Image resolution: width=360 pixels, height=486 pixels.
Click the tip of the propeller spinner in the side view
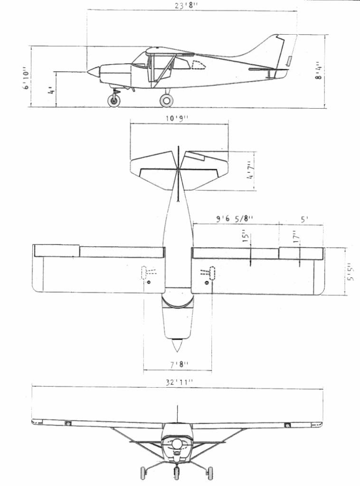point(87,72)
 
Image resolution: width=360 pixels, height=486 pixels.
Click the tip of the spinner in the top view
point(177,352)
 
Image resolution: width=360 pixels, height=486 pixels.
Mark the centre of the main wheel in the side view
point(167,101)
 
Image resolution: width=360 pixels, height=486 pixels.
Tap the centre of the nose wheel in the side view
point(114,101)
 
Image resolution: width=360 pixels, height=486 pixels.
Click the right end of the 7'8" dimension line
point(212,370)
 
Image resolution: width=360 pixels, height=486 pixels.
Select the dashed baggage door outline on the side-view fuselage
point(199,65)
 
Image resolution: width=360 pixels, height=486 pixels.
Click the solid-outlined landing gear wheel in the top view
point(212,273)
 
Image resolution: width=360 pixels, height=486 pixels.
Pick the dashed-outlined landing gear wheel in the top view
point(143,273)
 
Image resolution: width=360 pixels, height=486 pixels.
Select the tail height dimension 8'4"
point(319,72)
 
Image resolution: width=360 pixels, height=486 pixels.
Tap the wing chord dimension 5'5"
point(351,271)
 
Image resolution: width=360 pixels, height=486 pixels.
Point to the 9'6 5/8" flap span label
point(235,218)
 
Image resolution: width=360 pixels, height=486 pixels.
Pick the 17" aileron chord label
point(297,237)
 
